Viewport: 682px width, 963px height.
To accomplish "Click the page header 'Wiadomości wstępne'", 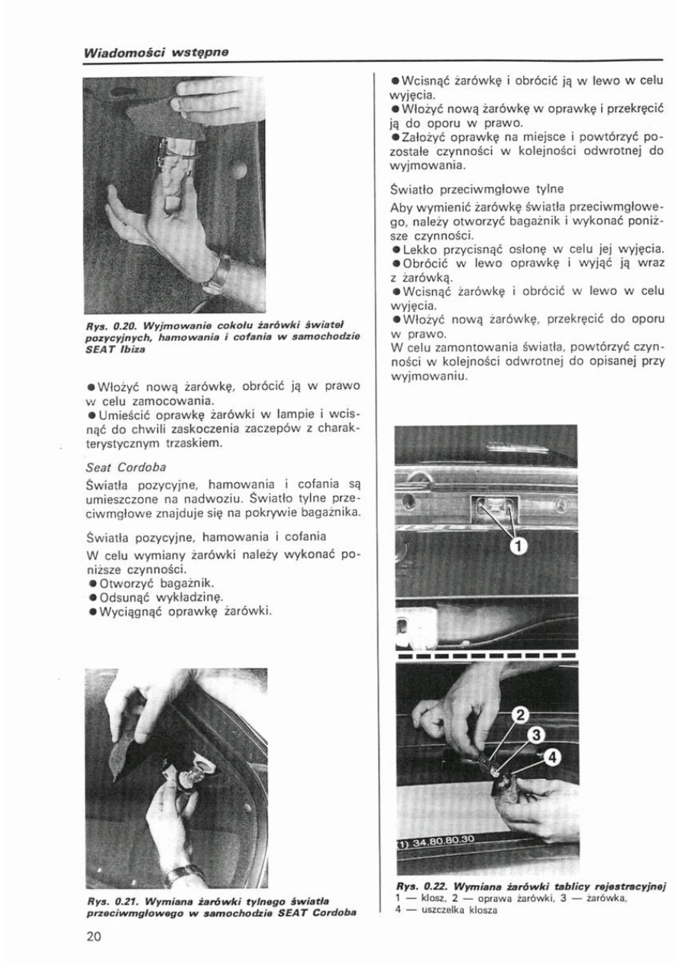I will (x=157, y=53).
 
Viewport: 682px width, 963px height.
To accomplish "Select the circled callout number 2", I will (x=519, y=715).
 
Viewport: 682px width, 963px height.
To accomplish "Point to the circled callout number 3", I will (x=536, y=735).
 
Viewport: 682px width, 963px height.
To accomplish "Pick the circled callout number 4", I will (x=552, y=757).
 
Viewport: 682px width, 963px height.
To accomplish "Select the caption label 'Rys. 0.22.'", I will (x=417, y=886).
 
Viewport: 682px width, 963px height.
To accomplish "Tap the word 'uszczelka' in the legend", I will (x=430, y=908).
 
